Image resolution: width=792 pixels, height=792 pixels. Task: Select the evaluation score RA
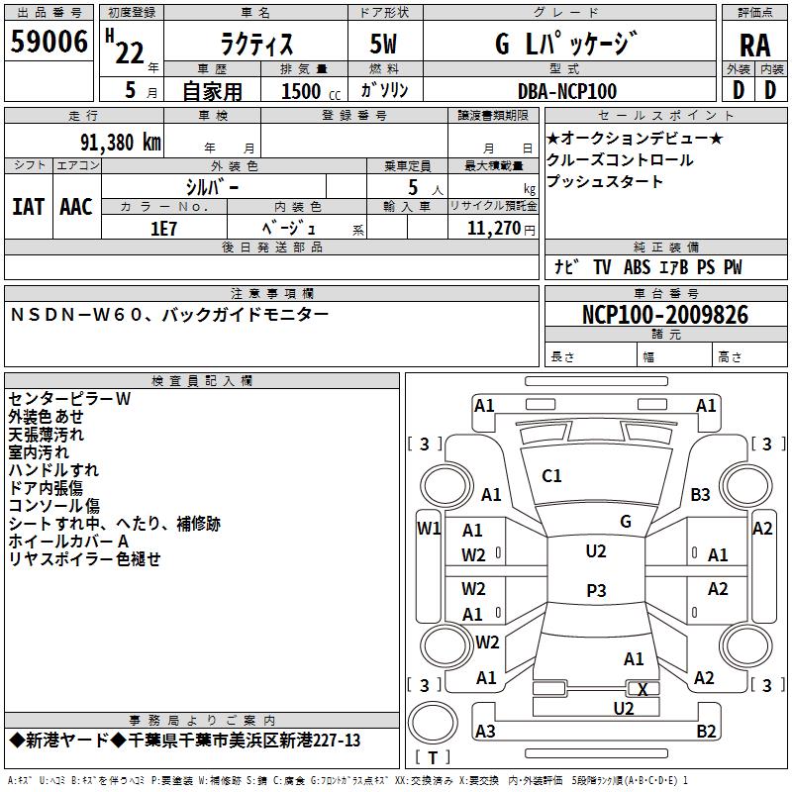(x=754, y=46)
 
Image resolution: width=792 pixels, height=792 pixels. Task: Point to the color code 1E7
(x=163, y=228)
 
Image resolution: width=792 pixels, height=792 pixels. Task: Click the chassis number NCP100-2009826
(x=664, y=316)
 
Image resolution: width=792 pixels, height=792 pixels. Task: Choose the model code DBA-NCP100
(x=567, y=91)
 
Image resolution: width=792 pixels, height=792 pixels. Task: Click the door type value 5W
(x=385, y=45)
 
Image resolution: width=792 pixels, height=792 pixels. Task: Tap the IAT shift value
(x=29, y=207)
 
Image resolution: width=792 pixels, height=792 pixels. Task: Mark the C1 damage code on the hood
(x=551, y=476)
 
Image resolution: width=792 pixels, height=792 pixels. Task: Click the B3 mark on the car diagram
(x=701, y=494)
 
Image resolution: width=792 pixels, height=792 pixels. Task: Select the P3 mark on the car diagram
(x=596, y=590)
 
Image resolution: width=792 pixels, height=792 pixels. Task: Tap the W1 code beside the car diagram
(x=429, y=528)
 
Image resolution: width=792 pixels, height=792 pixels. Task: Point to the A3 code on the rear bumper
(x=485, y=732)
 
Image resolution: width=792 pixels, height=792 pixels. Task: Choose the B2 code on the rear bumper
(x=706, y=732)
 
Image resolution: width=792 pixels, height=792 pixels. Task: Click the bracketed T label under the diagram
(x=433, y=757)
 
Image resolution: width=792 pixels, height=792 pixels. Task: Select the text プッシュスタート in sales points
(x=605, y=182)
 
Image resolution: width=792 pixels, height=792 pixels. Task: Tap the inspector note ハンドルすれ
(x=53, y=469)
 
